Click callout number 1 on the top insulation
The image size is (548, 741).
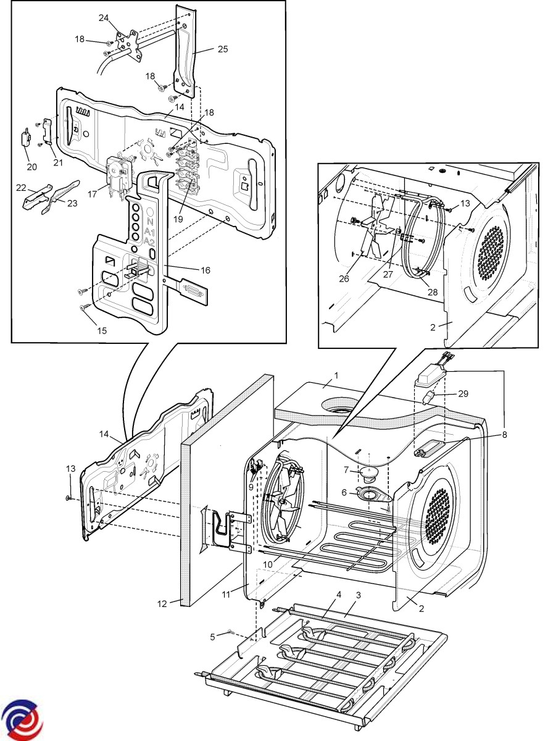[x=336, y=375]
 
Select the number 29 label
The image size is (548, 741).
[x=463, y=393]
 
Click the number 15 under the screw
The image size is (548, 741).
[x=102, y=330]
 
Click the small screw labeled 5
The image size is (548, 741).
[x=230, y=630]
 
